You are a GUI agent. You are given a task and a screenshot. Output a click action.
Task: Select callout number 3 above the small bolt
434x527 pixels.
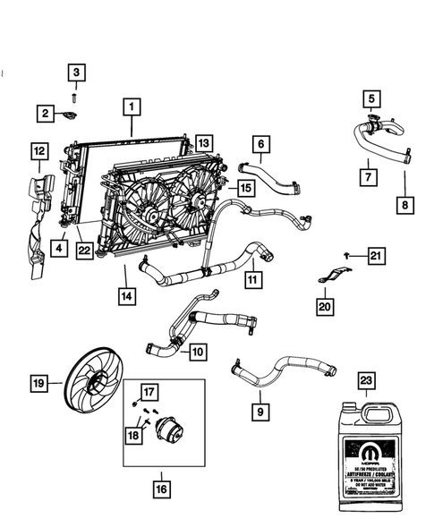[x=76, y=72]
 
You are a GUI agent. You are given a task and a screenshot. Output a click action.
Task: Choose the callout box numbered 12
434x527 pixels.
[x=38, y=152]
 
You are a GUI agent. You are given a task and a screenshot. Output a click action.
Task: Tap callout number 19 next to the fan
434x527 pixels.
[x=38, y=386]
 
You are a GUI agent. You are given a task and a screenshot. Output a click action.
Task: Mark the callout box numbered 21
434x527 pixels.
[x=377, y=258]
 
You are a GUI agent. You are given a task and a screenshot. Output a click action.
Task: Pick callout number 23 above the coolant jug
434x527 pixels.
[x=367, y=379]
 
